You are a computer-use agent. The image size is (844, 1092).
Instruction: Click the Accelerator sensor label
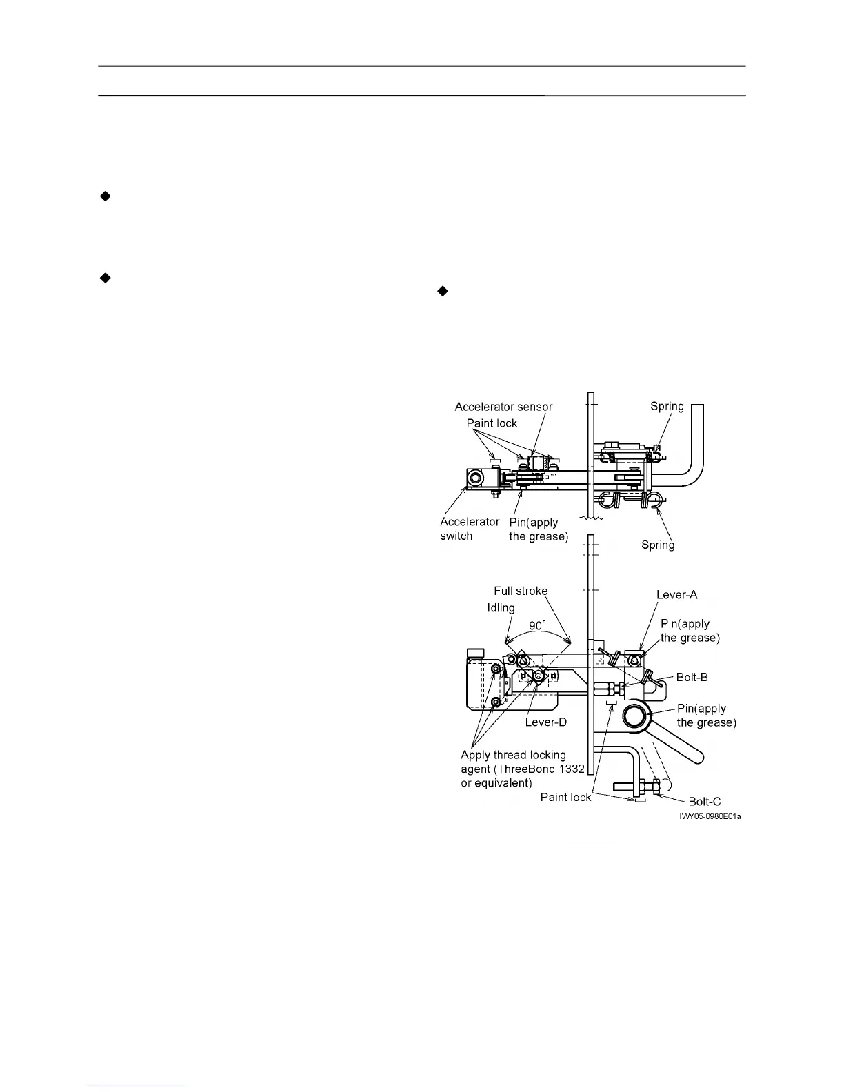point(503,407)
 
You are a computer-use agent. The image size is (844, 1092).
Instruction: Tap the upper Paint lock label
point(492,423)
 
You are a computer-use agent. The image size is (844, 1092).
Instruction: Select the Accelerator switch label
point(469,529)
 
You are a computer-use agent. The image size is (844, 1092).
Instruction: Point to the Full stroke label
point(521,591)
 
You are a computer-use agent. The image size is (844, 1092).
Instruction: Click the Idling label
point(501,607)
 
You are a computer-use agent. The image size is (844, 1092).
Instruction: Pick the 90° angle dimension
point(537,626)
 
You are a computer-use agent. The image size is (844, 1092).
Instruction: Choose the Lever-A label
point(676,595)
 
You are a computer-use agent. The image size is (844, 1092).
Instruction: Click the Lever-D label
point(545,722)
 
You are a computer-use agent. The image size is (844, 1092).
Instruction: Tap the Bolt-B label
point(692,677)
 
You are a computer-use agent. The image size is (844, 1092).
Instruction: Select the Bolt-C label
point(705,801)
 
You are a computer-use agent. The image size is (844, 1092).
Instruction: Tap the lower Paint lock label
point(565,797)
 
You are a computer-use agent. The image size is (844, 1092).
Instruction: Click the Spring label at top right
point(667,406)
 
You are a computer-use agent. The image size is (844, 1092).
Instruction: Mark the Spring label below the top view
point(658,545)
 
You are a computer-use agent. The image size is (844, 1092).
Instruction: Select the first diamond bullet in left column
point(105,196)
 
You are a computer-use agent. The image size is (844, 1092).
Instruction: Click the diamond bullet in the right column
point(443,292)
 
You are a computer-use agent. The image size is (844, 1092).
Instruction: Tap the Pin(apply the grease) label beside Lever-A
point(690,631)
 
